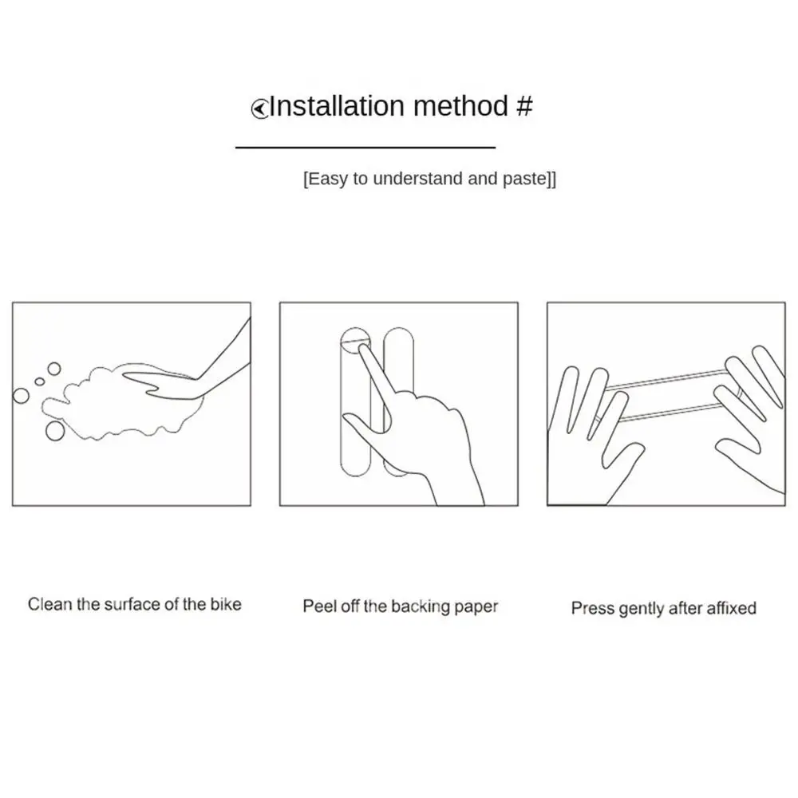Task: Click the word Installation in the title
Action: coord(336,106)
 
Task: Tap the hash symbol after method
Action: coord(523,106)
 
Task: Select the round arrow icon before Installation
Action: coord(259,109)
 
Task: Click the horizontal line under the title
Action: coord(365,148)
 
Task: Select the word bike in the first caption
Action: coord(224,604)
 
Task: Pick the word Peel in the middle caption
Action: coord(318,606)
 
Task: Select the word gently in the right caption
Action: coord(642,608)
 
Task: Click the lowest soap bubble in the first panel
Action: coord(55,431)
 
